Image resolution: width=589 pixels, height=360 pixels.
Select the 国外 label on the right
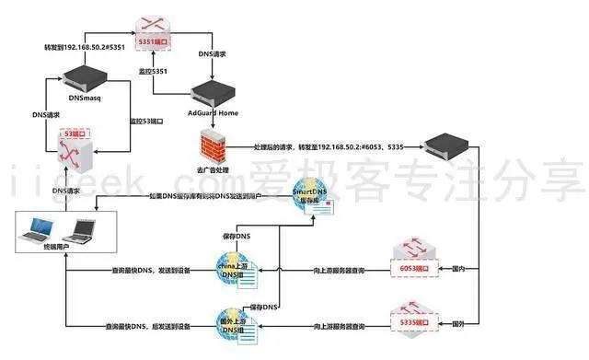[x=457, y=325]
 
